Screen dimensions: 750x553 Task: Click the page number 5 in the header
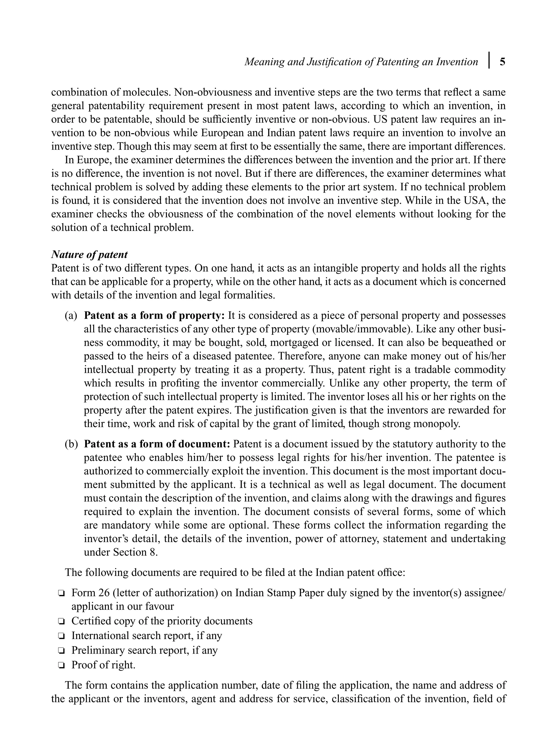click(503, 62)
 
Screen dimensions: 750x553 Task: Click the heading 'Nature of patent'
click(89, 255)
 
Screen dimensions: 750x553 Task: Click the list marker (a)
click(71, 316)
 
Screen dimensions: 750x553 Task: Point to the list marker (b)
click(71, 444)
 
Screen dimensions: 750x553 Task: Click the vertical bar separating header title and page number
click(489, 60)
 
